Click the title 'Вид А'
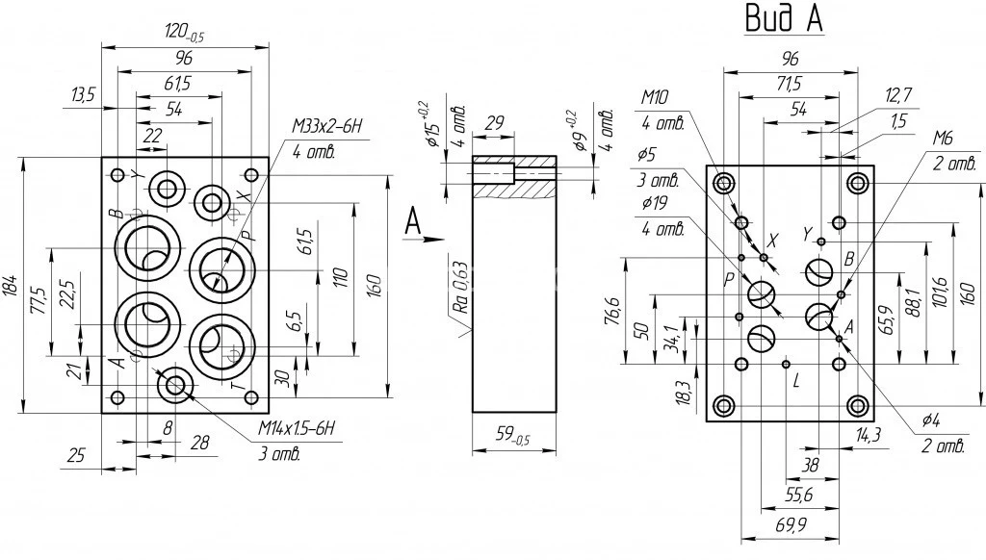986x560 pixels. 783,18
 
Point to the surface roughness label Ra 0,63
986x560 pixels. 461,289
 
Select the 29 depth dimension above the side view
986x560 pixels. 495,123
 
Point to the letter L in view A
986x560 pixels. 795,381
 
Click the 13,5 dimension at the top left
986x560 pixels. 83,94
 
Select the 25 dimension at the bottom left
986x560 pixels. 77,455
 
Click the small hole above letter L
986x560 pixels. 788,363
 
